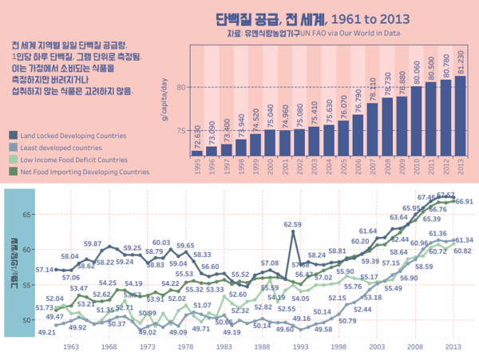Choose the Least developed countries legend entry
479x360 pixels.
(61, 147)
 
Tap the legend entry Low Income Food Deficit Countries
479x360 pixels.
(73, 159)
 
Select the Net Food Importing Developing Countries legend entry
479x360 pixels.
(79, 171)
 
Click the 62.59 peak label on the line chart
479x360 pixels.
(292, 224)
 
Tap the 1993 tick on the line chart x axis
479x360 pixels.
(300, 347)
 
